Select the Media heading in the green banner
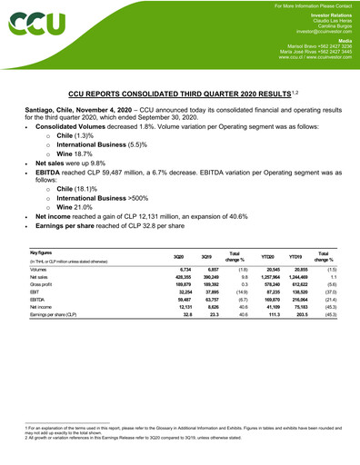pos(341,39)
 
